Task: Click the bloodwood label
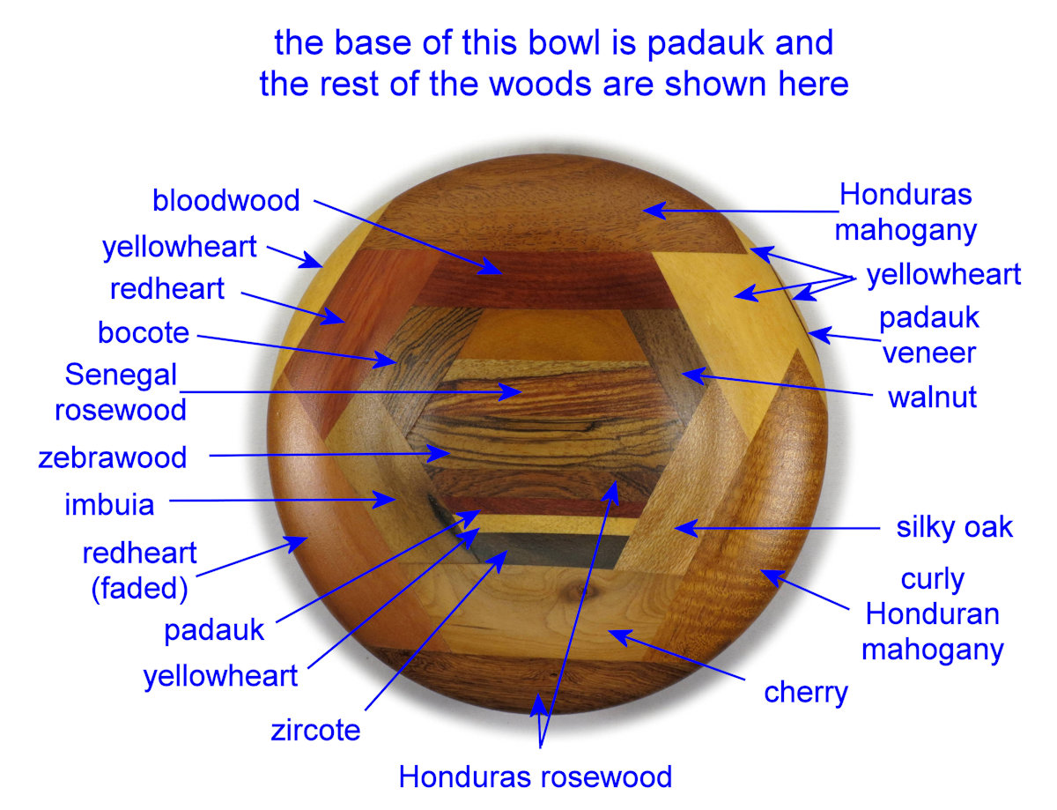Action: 226,201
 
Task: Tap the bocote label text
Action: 144,332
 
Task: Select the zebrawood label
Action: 113,457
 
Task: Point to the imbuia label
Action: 109,505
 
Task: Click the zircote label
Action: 315,730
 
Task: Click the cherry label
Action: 806,692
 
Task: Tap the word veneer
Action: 929,353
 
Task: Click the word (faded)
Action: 139,588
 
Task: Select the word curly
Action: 933,579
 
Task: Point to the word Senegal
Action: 122,375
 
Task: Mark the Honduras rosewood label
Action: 536,777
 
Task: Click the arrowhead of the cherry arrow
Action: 613,632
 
